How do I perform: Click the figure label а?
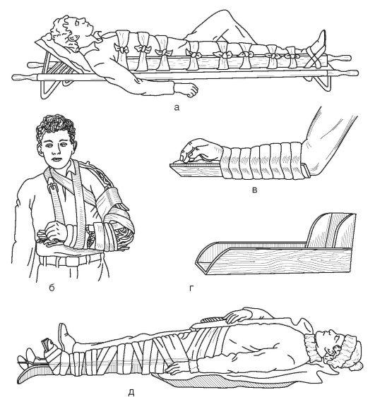point(177,108)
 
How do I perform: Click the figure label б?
point(52,288)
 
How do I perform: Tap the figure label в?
point(255,190)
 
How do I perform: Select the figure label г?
point(191,288)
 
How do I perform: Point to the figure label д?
point(131,392)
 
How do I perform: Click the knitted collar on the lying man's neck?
point(311,347)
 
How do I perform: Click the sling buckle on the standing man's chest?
point(52,186)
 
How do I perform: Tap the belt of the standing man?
point(69,260)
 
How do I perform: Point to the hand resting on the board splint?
point(201,150)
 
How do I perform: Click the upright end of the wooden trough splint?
point(331,231)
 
